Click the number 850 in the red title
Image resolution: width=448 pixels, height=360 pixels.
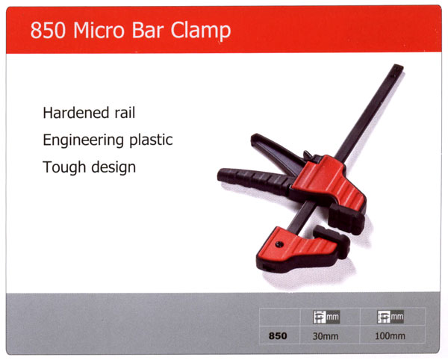[x=48, y=30]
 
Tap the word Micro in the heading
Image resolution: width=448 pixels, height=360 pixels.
[x=99, y=30]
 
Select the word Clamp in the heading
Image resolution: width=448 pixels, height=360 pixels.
[x=201, y=32]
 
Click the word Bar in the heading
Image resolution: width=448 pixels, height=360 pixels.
[x=147, y=30]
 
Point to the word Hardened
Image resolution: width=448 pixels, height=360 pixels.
[x=76, y=113]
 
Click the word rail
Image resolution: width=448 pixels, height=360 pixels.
[x=125, y=113]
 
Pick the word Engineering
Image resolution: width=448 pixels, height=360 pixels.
[x=83, y=140]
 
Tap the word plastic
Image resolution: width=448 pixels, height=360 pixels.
[x=151, y=140]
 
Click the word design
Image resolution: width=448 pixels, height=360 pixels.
[x=113, y=168]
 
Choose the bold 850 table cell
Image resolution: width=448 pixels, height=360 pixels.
[x=278, y=335]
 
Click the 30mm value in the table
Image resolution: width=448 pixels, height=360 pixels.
[x=326, y=336]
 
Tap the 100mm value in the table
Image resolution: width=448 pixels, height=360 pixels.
[x=390, y=335]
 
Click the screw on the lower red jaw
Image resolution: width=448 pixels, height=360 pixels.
[x=279, y=244]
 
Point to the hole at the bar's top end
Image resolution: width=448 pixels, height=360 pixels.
[x=396, y=69]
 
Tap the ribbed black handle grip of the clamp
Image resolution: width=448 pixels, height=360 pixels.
[x=255, y=179]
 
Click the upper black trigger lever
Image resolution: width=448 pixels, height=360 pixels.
[x=277, y=152]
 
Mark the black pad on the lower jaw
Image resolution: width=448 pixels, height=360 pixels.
[x=333, y=240]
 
